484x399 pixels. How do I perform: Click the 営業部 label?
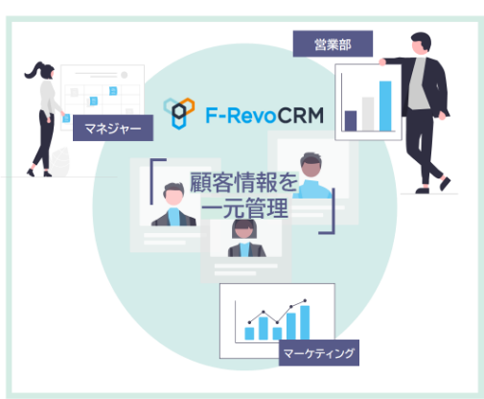pos(333,44)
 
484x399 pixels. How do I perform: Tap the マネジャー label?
pos(113,128)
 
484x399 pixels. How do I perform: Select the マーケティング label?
pos(319,353)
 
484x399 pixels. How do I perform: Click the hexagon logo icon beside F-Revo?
pos(179,113)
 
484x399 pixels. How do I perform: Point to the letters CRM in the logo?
pos(300,115)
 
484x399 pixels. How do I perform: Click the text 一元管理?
pos(245,208)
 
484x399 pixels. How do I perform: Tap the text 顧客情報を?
pos(243,182)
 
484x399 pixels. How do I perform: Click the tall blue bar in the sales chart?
pos(385,106)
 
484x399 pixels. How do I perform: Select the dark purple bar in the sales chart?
pos(351,121)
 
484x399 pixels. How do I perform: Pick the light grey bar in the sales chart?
pos(368,114)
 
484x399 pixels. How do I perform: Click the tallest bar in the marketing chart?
pos(305,322)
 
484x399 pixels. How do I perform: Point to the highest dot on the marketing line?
pos(305,300)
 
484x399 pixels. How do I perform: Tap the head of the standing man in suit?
pos(421,42)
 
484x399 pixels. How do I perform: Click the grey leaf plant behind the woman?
pos(60,162)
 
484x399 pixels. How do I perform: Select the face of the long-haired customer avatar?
pos(244,231)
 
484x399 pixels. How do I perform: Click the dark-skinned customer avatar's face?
pos(311,167)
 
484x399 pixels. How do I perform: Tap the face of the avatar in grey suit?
pos(173,198)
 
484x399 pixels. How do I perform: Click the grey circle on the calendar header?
pos(125,75)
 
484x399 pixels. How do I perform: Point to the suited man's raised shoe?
pos(446,183)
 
